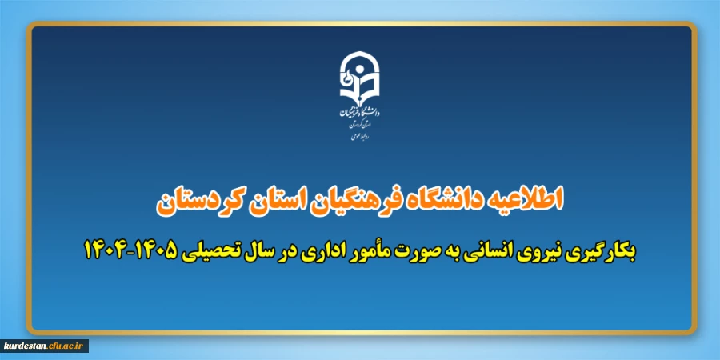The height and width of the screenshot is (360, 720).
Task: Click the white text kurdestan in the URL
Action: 26,346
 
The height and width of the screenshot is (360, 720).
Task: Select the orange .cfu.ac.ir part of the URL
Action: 66,346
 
